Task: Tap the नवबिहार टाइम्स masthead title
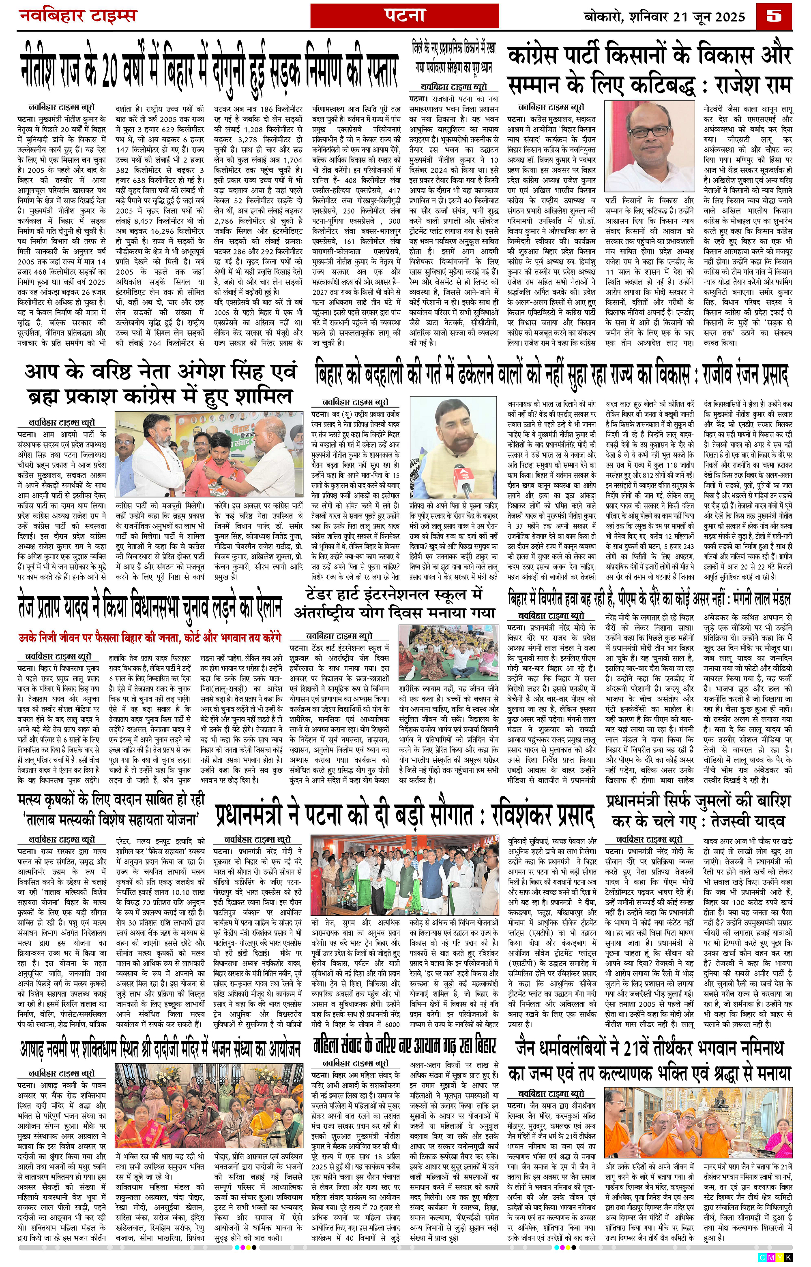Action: point(77,16)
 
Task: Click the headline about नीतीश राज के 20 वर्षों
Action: point(208,69)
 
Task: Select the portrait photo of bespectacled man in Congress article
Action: point(650,147)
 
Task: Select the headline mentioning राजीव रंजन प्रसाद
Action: point(551,375)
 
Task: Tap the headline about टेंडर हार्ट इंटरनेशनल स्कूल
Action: point(395,604)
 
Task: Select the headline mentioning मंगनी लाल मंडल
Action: point(649,599)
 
